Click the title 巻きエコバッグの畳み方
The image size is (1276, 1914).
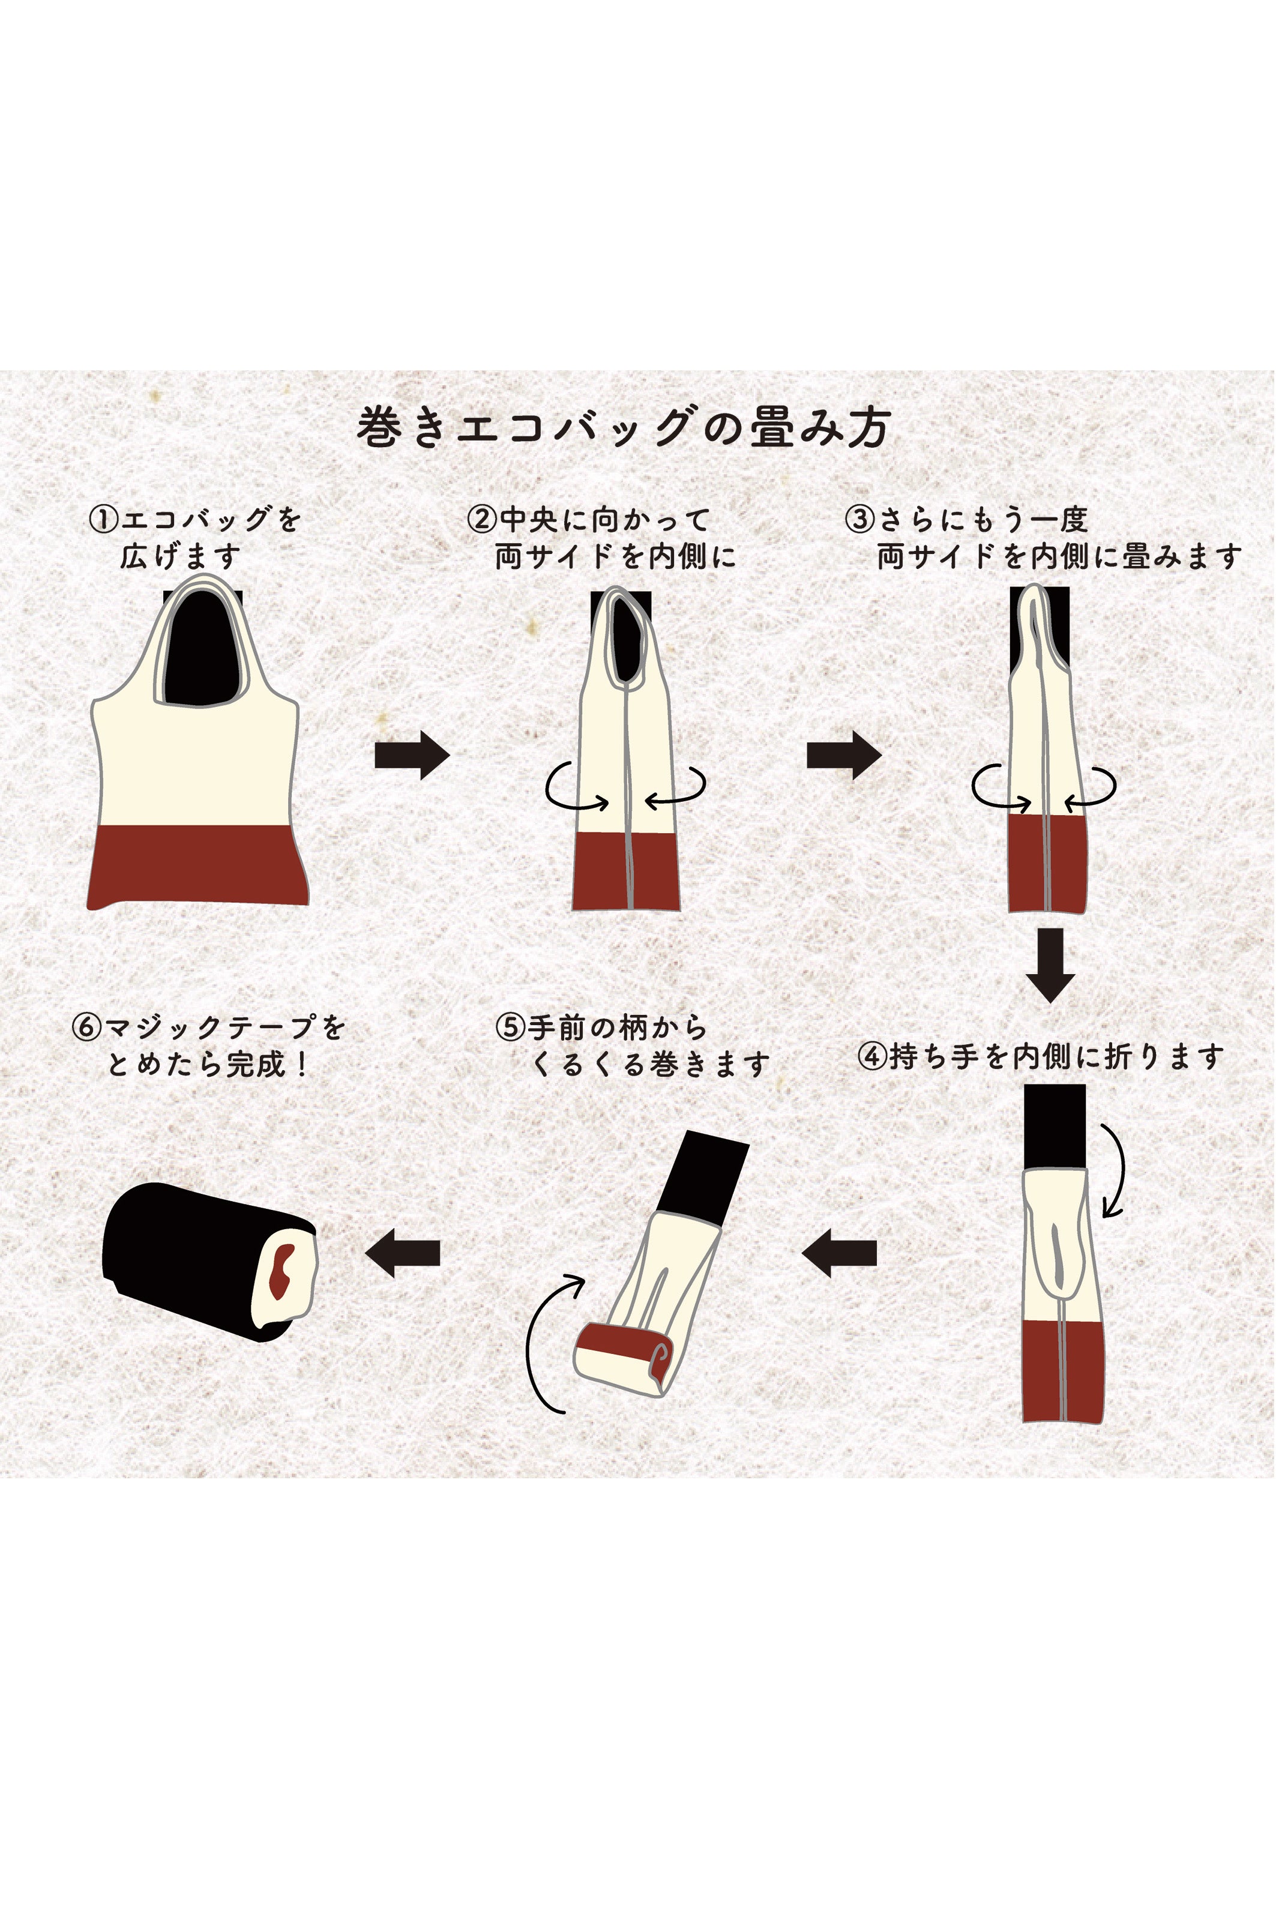tap(624, 428)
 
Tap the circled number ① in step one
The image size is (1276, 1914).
tap(103, 519)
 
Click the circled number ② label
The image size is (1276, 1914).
tap(482, 519)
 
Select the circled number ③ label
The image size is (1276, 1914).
tap(859, 519)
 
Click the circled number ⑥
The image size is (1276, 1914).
tap(86, 1027)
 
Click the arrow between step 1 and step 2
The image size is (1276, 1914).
tap(412, 755)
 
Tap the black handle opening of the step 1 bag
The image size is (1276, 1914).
tap(201, 651)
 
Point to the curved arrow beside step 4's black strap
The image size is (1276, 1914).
tap(1116, 1172)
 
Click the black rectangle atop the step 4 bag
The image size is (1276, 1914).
tap(1055, 1127)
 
